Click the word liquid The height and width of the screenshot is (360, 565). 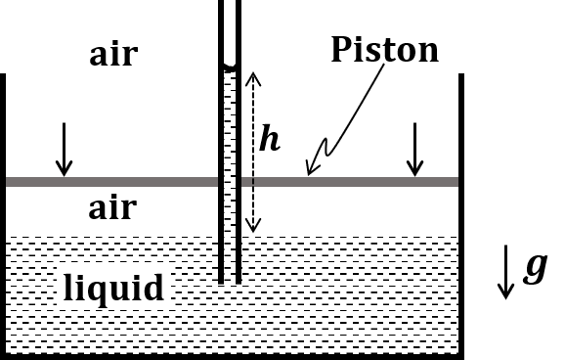point(113,289)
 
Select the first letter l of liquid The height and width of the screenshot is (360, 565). point(67,288)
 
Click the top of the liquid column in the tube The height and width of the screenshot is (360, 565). point(230,73)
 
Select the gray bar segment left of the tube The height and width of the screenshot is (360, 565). point(111,182)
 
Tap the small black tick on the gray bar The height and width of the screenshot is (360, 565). point(252,181)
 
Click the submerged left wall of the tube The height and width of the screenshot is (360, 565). point(221,258)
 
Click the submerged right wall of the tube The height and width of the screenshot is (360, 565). point(239,258)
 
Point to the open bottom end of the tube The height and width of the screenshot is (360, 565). point(230,283)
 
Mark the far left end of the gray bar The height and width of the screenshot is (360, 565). point(7,182)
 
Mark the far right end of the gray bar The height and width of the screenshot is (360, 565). point(456,182)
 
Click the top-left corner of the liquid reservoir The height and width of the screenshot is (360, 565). point(7,234)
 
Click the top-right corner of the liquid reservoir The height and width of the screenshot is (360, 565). point(456,234)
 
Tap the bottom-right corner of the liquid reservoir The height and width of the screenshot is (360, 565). point(456,351)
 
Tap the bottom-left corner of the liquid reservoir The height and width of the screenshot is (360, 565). point(7,351)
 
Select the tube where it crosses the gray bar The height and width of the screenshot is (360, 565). point(230,182)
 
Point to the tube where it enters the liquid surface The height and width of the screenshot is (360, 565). point(230,234)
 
